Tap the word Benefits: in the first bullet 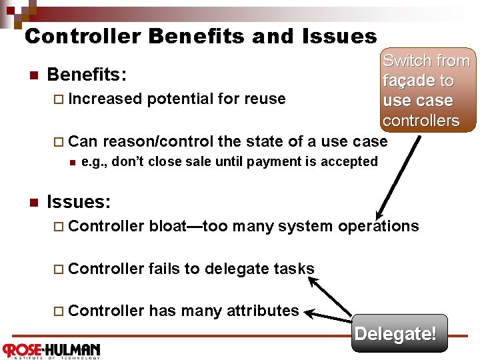coord(87,73)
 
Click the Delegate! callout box coord(395,333)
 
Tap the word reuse coord(264,99)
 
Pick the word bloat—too coord(186,226)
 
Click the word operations coord(378,226)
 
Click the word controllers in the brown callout coord(421,121)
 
